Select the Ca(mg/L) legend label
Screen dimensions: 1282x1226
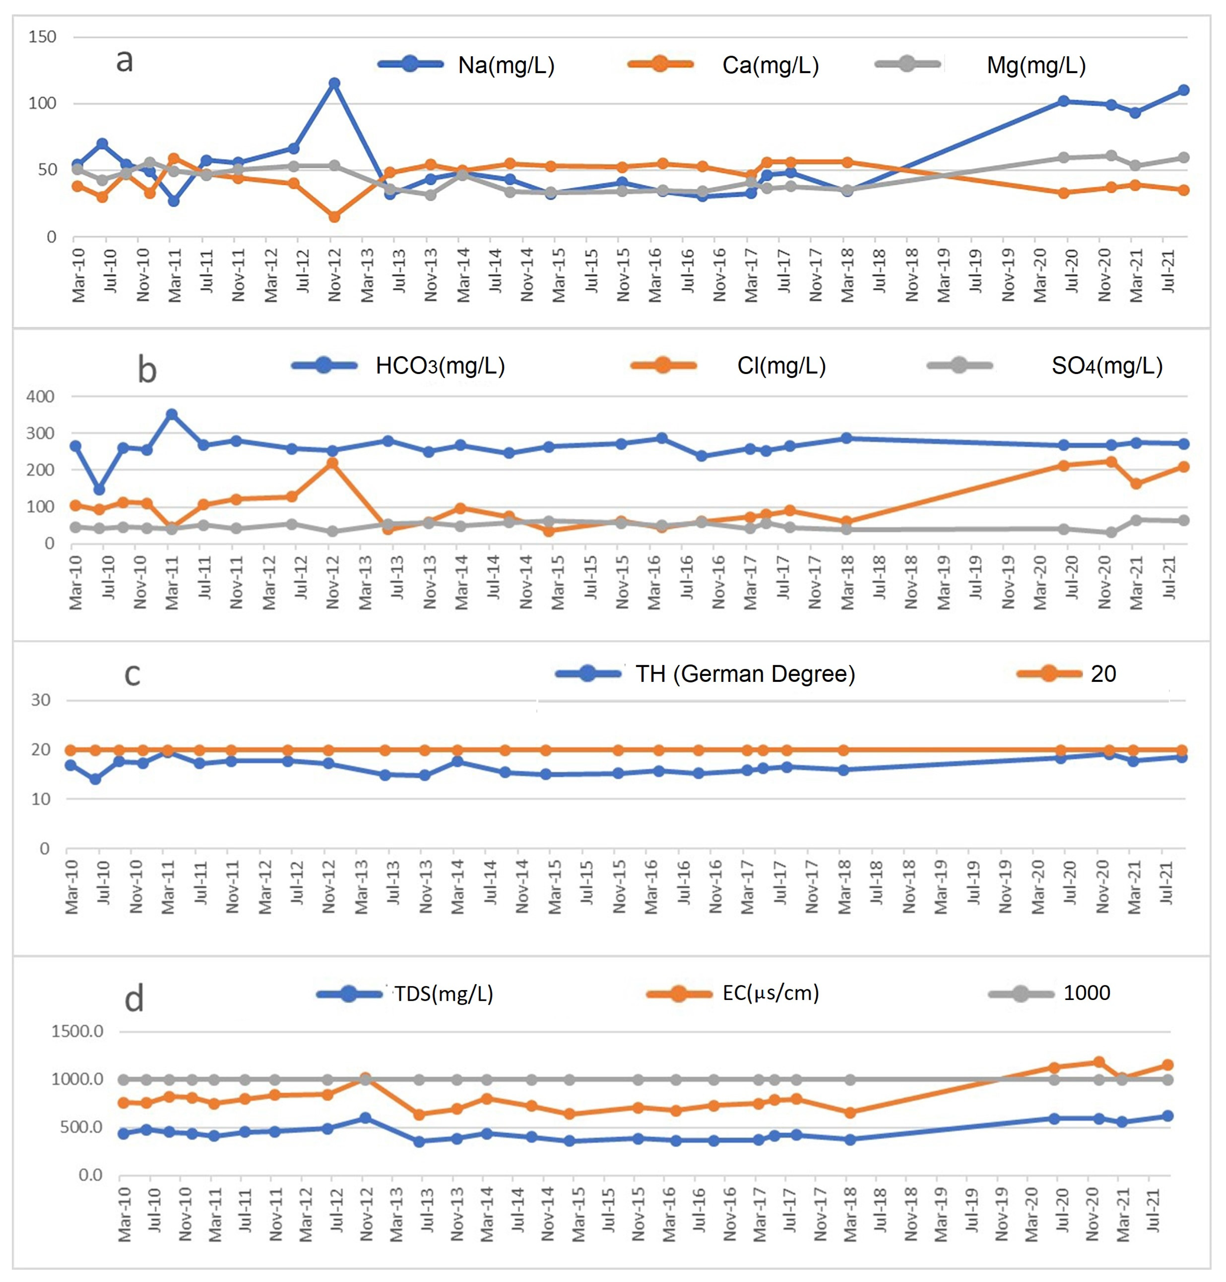click(x=770, y=65)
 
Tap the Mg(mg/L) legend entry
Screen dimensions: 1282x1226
click(x=1036, y=65)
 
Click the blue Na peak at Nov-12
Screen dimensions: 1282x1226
click(x=334, y=84)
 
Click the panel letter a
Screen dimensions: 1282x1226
click(x=124, y=61)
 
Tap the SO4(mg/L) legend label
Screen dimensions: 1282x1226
click(x=1106, y=366)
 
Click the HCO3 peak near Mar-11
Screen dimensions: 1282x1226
click(x=171, y=414)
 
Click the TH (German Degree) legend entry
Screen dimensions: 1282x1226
click(x=745, y=674)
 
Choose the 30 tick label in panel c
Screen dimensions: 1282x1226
click(x=41, y=700)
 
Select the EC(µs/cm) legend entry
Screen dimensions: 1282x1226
click(x=770, y=994)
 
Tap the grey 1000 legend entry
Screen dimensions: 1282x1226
click(x=1086, y=994)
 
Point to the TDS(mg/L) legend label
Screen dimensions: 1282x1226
click(x=443, y=994)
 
